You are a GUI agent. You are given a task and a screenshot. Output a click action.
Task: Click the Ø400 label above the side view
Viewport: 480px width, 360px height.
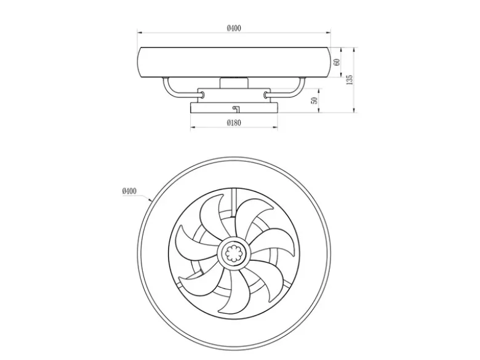(x=234, y=28)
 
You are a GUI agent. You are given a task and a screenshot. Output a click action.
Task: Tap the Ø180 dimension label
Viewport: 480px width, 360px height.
(x=234, y=122)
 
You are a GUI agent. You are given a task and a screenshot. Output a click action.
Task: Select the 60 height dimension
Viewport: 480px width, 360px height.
(x=337, y=62)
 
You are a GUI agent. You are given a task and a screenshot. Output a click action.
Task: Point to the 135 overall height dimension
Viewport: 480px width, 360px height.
(x=350, y=79)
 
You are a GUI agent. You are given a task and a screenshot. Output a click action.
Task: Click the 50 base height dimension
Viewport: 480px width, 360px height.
(x=314, y=100)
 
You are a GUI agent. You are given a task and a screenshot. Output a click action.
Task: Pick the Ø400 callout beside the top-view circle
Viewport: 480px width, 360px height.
(x=129, y=191)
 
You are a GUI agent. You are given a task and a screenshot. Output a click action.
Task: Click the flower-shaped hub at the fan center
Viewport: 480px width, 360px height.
(x=234, y=253)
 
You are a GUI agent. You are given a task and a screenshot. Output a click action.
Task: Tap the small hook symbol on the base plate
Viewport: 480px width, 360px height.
(x=236, y=108)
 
